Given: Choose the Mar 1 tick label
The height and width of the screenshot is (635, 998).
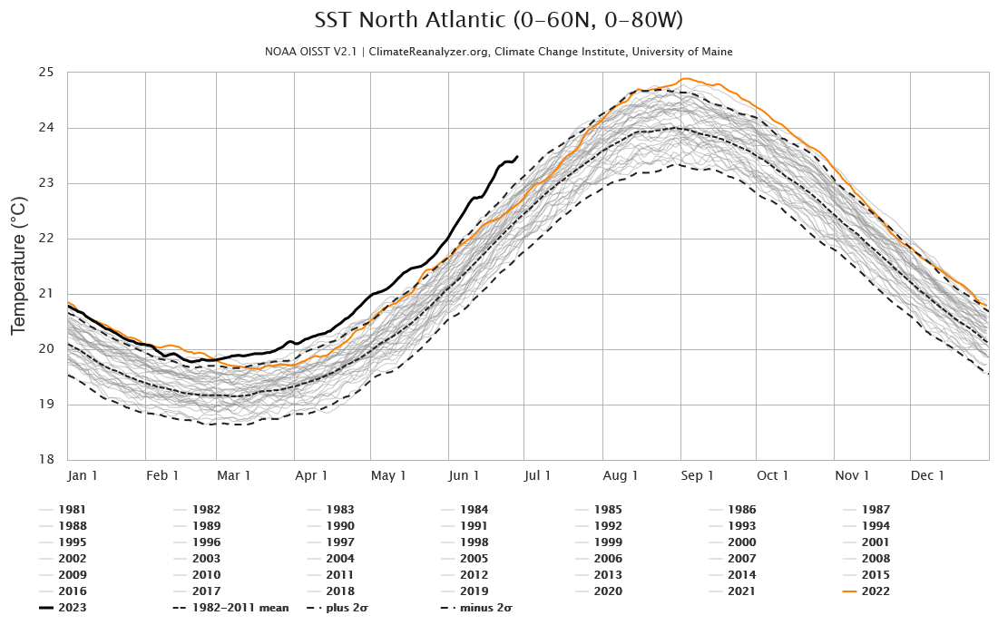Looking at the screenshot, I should tap(235, 475).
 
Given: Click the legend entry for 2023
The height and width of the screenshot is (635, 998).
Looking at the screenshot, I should tap(71, 608).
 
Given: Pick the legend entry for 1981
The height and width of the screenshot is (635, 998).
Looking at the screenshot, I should tap(71, 510).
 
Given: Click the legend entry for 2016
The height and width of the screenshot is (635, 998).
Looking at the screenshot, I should tap(71, 591).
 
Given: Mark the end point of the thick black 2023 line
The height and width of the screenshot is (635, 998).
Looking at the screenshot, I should tap(517, 156).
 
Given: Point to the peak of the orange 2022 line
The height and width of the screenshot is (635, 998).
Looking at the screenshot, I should tap(685, 79).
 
